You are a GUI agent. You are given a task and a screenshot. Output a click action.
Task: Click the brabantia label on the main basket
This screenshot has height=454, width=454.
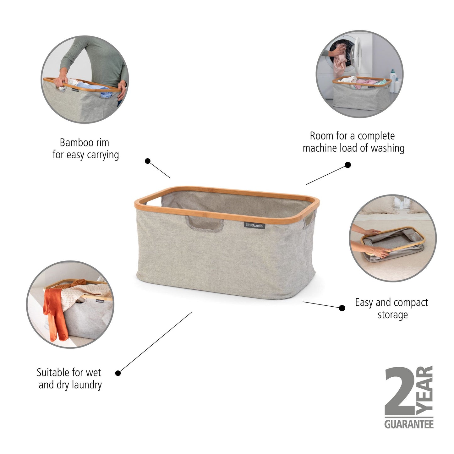click(x=254, y=225)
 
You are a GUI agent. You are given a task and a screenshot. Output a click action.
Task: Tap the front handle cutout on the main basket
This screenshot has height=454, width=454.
click(x=205, y=224)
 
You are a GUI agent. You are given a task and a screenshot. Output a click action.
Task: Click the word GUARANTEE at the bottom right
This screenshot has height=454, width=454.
click(x=409, y=424)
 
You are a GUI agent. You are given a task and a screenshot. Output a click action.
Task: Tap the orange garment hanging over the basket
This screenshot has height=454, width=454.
click(x=55, y=314)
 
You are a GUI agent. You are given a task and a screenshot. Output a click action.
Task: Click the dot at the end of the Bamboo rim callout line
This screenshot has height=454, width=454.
click(x=148, y=161)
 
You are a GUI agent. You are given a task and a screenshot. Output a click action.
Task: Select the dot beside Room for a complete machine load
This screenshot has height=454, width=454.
click(x=348, y=165)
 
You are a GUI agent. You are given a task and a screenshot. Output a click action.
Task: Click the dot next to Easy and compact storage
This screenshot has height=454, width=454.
click(x=342, y=308)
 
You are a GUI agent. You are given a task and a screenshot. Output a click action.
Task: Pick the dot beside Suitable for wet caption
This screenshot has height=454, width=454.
click(x=118, y=373)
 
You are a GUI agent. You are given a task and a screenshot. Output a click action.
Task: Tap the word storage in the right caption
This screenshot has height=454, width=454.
click(x=392, y=315)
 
